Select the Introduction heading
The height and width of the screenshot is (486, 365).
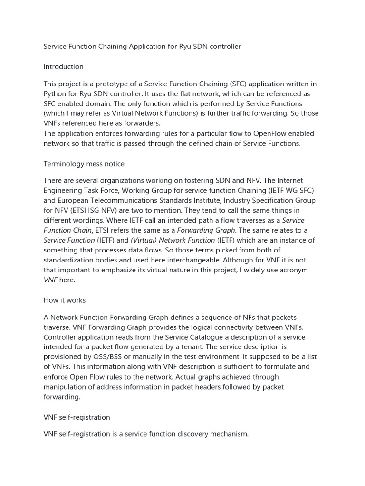tap(63, 67)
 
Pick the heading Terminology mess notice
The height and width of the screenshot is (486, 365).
tap(84, 164)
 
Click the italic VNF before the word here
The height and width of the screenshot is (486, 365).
tap(51, 280)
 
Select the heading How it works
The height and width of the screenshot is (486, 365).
tap(64, 300)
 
